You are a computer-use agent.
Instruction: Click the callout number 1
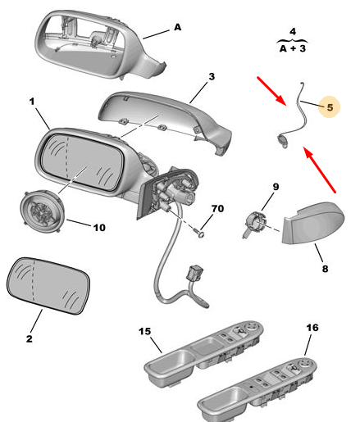[32, 102]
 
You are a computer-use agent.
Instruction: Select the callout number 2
[30, 338]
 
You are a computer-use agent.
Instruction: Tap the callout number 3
[212, 77]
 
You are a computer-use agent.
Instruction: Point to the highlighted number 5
[330, 107]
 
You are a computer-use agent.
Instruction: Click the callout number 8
[325, 269]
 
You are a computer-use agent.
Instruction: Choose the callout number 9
[276, 187]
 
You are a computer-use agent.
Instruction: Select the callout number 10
[99, 228]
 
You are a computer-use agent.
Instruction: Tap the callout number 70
[217, 209]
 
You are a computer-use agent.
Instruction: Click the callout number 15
[144, 331]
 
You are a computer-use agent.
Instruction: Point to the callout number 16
[312, 328]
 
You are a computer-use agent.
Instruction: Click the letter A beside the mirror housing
[178, 27]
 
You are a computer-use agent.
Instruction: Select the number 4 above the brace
[293, 32]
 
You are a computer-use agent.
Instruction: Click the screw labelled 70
[200, 233]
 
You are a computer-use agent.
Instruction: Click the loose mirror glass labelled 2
[48, 286]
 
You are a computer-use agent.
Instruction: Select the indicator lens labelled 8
[313, 223]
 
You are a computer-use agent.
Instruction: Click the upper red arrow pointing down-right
[271, 91]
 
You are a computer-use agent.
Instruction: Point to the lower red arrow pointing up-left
[319, 170]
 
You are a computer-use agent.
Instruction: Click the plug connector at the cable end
[194, 272]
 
